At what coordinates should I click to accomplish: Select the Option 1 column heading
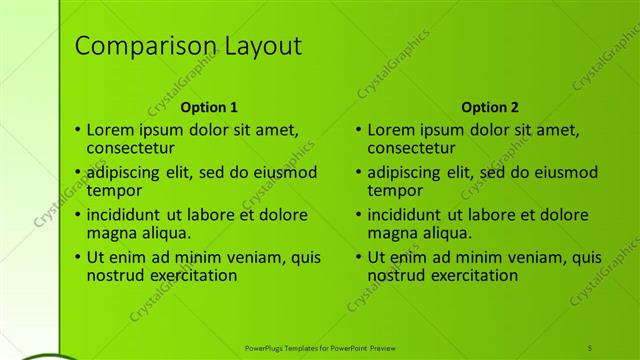(x=209, y=107)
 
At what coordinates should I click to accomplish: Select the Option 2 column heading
(x=490, y=107)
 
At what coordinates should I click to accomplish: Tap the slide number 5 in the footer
(x=590, y=346)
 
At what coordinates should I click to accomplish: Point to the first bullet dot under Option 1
(x=79, y=129)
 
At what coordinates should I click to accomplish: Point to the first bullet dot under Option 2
(x=360, y=129)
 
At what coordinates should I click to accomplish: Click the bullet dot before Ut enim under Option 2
(x=360, y=257)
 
